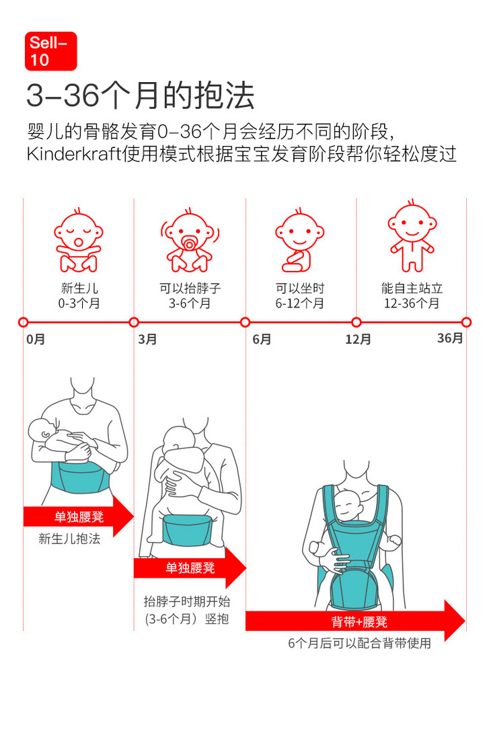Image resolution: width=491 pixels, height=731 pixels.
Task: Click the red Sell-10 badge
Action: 51,51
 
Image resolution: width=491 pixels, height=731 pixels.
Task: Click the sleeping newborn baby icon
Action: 78,241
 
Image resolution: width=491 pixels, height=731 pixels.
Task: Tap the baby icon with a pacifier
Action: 189,241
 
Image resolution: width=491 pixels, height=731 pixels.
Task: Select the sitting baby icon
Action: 299,241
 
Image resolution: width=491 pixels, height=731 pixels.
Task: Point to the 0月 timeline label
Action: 36,340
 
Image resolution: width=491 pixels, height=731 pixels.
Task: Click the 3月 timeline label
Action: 147,340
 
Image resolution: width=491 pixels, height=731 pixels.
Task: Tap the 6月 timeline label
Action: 262,340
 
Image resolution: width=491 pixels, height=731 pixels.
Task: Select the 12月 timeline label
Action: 358,340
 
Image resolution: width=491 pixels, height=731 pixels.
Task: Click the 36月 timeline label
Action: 450,338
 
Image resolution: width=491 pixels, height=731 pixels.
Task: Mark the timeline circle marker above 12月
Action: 356,322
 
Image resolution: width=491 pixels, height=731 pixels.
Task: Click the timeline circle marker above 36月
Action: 466,322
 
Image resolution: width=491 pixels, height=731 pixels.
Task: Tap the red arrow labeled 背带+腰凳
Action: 355,621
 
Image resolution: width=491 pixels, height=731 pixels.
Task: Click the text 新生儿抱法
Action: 69,539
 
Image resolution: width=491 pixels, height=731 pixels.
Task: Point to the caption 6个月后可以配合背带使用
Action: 360,644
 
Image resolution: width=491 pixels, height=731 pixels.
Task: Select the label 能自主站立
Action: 412,288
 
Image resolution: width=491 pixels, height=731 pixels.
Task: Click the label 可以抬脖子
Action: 190,288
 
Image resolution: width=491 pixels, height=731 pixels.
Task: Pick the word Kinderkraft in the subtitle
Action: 74,153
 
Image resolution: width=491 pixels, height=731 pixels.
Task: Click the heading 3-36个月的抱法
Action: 141,95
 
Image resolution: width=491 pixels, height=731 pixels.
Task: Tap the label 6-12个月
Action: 299,303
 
